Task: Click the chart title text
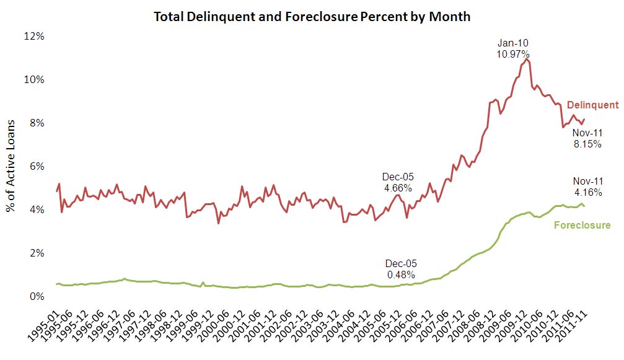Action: coord(312,17)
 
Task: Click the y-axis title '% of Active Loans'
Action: coord(12,166)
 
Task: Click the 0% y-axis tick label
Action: coord(38,297)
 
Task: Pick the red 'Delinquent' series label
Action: coord(592,105)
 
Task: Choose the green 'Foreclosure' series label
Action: coord(581,225)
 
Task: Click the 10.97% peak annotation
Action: coord(513,54)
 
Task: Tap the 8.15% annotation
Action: coord(587,143)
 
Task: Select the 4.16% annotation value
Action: coord(587,192)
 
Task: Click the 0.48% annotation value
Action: coord(400,274)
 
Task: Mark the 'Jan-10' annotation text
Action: coord(513,43)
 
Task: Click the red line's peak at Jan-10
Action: coord(527,59)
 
